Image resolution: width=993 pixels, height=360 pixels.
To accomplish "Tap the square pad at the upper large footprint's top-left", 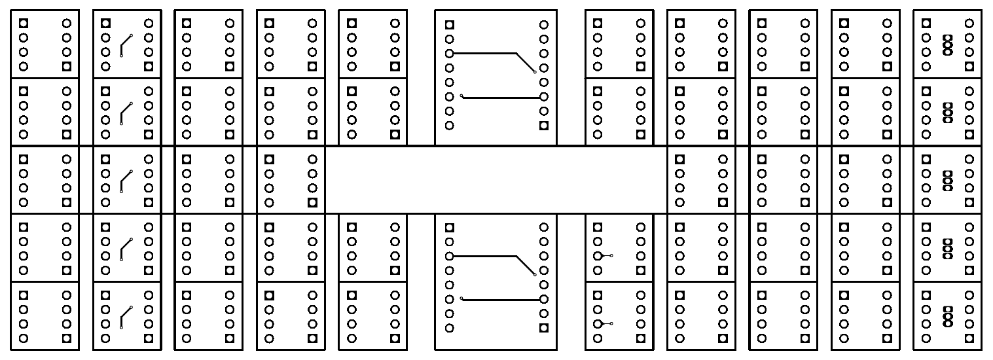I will (449, 25).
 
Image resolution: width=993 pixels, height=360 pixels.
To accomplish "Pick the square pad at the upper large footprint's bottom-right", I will (543, 126).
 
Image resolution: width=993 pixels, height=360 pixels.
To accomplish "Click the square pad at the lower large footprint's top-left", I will (449, 228).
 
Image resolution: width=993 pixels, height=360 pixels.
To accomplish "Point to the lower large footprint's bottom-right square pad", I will (543, 328).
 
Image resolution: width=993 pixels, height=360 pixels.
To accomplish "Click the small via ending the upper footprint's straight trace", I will (461, 97).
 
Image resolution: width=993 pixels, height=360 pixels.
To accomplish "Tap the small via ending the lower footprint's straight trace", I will (461, 299).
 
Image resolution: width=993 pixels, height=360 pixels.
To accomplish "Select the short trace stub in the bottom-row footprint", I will (605, 323).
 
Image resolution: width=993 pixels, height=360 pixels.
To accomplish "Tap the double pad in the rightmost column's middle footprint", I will (947, 179).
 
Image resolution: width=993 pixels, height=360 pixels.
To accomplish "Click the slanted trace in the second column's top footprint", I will (126, 44).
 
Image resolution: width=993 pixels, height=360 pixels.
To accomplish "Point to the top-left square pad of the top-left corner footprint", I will (24, 23).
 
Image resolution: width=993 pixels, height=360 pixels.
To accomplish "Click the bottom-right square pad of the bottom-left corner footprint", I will (65, 338).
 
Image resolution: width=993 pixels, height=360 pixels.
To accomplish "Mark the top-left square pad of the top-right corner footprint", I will (926, 23).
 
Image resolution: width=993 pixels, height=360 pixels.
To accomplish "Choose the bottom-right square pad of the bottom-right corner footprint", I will (969, 338).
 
